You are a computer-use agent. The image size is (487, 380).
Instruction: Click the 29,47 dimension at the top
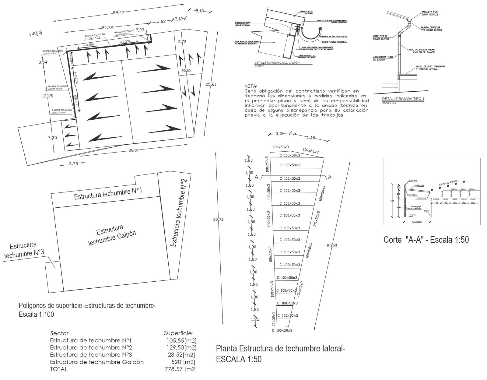tap(119, 12)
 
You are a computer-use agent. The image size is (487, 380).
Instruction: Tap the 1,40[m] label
tap(36, 33)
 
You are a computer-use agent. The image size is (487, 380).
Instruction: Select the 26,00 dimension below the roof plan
tap(133, 150)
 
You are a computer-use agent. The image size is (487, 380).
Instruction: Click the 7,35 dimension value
tap(52, 138)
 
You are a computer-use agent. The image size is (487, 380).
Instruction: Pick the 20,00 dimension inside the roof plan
tap(186, 71)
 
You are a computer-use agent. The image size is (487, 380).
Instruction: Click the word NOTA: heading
tap(251, 86)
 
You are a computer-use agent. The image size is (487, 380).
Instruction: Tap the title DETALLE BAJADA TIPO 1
tap(403, 99)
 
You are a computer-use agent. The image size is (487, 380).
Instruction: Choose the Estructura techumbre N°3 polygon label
tap(24, 250)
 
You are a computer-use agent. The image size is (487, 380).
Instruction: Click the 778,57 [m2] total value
tap(180, 369)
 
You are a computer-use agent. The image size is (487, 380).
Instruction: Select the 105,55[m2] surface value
tap(181, 340)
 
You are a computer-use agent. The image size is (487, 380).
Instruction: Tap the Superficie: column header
tap(179, 333)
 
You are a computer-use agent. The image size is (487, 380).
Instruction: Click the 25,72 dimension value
tap(219, 219)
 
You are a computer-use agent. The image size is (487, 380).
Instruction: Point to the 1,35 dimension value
tap(255, 319)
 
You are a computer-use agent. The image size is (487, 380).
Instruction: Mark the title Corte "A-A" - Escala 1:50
tap(426, 240)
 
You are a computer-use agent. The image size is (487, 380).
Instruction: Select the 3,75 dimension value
tap(74, 164)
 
